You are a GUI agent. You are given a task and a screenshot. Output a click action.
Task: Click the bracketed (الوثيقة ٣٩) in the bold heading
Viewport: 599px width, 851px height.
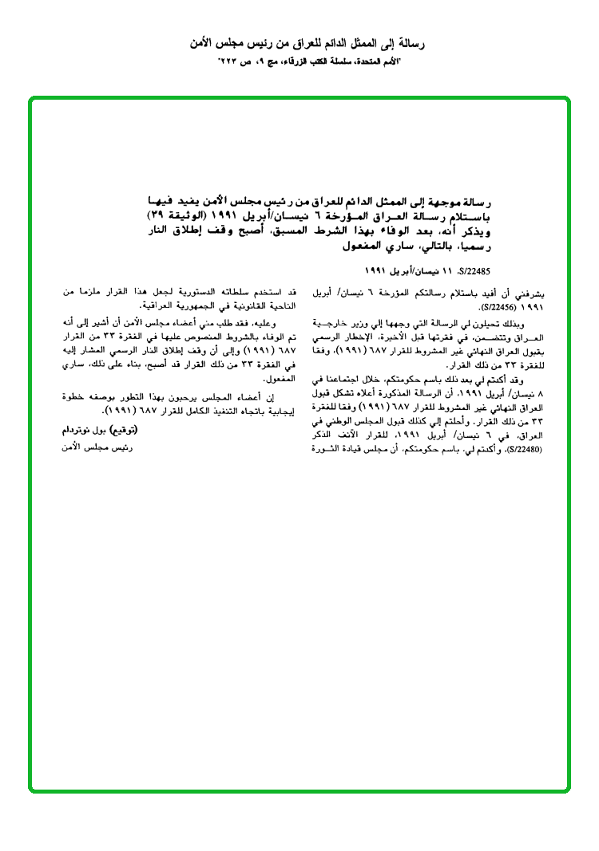tap(180, 217)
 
